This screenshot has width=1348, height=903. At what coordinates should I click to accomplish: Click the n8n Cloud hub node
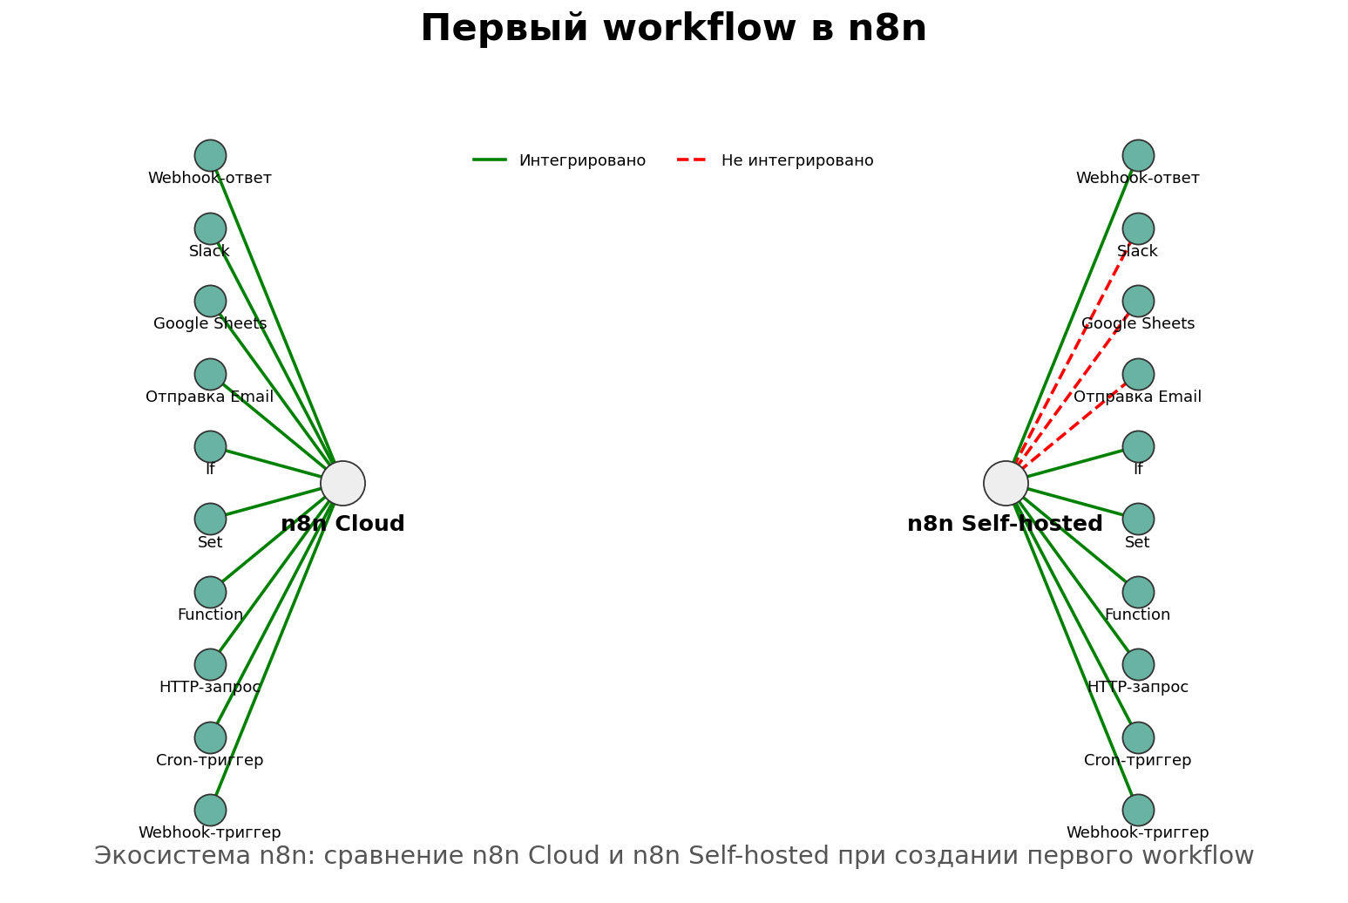[x=342, y=483]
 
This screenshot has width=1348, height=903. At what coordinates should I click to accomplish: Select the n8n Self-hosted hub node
[x=1006, y=483]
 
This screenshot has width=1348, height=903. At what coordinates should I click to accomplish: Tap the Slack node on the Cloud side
[x=210, y=228]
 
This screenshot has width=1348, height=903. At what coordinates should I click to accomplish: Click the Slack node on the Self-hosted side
[x=1138, y=228]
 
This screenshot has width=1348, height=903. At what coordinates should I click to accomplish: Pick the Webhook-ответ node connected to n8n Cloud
[x=210, y=155]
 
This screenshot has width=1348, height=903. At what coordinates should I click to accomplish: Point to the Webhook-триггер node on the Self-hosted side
[x=1138, y=810]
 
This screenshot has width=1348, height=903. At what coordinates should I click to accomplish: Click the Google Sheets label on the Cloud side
[x=210, y=324]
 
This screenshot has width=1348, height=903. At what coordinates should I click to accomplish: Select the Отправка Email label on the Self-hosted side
[x=1137, y=397]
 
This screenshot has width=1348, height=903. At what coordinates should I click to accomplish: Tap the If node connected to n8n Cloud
[x=210, y=446]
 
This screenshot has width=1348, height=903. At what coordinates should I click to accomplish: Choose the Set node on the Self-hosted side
[x=1138, y=519]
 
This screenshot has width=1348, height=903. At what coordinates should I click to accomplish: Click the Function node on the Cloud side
[x=210, y=592]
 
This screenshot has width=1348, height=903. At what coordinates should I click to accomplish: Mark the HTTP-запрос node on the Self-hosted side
[x=1138, y=664]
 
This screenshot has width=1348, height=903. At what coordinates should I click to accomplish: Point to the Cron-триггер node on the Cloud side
[x=210, y=737]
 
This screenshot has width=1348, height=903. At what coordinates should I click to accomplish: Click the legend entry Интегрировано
[x=582, y=160]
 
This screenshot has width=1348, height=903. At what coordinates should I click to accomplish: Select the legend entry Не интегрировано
[x=796, y=160]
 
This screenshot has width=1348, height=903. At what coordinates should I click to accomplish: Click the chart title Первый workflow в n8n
[x=673, y=29]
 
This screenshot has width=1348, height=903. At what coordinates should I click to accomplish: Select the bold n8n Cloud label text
[x=342, y=524]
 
